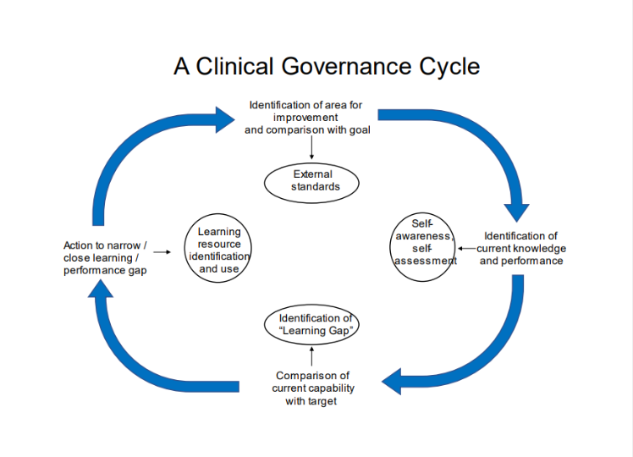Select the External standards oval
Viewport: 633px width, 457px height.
311,181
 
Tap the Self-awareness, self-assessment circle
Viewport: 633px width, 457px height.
423,245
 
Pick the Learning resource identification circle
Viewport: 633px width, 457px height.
218,250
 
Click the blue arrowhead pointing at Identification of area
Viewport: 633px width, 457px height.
223,118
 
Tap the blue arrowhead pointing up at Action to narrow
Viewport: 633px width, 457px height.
101,293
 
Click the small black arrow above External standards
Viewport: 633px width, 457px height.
311,149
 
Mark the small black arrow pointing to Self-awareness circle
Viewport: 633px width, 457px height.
465,249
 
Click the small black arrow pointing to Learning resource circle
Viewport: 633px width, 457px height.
163,251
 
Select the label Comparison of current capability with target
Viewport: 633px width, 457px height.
312,388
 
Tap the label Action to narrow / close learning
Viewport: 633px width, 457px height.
105,258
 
